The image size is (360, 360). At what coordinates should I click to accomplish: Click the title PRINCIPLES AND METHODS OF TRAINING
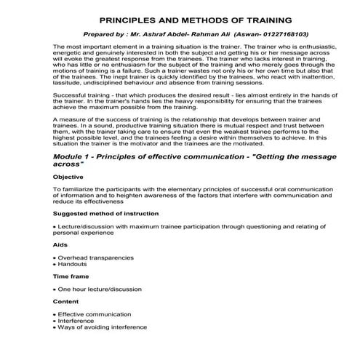pyautogui.click(x=185, y=20)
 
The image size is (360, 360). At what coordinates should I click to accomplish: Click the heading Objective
pyautogui.click(x=68, y=177)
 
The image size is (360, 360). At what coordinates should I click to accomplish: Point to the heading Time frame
pyautogui.click(x=70, y=277)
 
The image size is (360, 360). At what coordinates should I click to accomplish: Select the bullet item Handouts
pyautogui.click(x=72, y=264)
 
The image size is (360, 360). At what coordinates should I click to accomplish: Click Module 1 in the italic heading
pyautogui.click(x=73, y=156)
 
